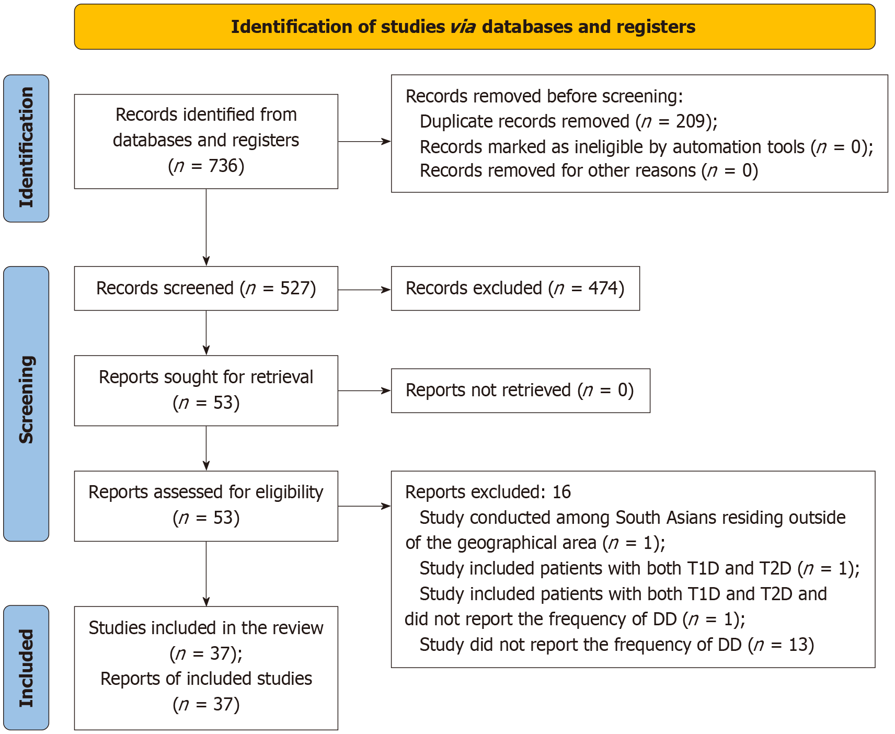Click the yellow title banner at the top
point(475,27)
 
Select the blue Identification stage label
point(26,148)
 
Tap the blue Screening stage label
point(26,404)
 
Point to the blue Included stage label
point(26,668)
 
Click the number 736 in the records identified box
point(223,166)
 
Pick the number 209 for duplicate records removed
point(691,121)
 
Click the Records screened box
point(206,289)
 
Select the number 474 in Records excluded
point(603,289)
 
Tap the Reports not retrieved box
point(521,391)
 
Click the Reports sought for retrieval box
point(206,391)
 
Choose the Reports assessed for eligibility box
point(206,506)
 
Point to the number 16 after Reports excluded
point(561,492)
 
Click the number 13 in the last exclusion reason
point(798,645)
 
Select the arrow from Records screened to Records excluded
point(364,290)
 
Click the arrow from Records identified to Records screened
point(206,227)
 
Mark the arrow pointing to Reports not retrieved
point(364,391)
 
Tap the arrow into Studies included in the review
point(206,574)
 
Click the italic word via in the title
point(463,27)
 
